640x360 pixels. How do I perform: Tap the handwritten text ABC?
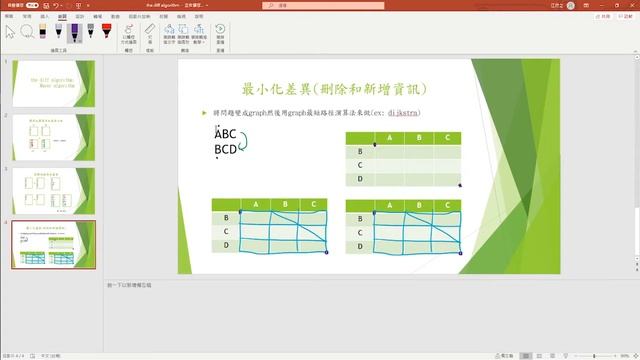pyautogui.click(x=226, y=134)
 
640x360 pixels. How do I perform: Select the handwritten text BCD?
pyautogui.click(x=226, y=150)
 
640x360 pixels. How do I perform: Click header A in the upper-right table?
pyautogui.click(x=387, y=138)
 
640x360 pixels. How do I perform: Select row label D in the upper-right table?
pyautogui.click(x=359, y=179)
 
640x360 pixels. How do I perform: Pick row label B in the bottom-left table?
pyautogui.click(x=226, y=217)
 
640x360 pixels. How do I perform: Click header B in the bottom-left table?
pyautogui.click(x=284, y=205)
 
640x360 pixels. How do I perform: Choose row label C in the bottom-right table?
pyautogui.click(x=359, y=231)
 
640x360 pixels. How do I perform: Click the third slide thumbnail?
pyautogui.click(x=53, y=190)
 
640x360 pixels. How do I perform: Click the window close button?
pyautogui.click(x=630, y=5)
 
